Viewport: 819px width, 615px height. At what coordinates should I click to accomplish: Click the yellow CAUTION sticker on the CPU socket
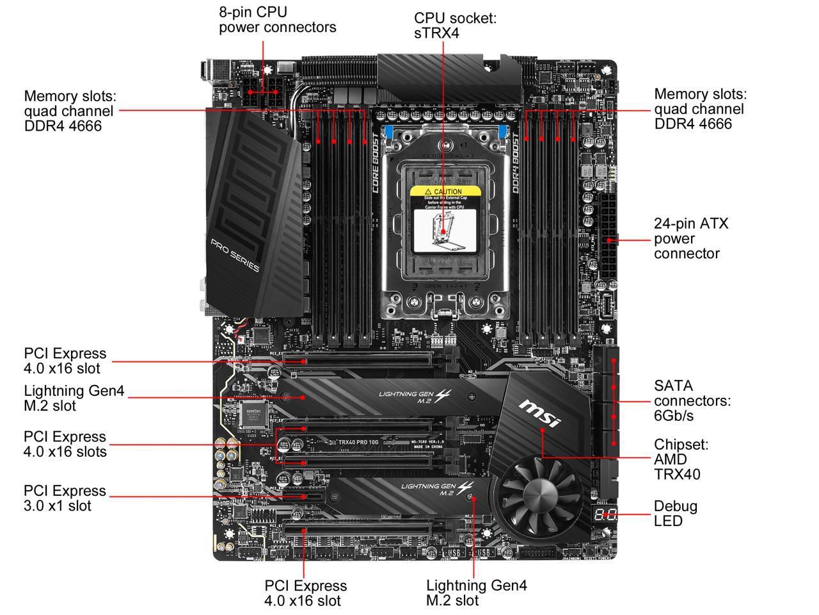(445, 192)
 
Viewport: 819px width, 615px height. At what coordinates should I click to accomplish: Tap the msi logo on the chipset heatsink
(539, 414)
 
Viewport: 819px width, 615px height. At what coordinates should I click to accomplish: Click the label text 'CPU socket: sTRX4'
(455, 25)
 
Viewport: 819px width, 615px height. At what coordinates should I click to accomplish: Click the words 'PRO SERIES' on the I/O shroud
(235, 254)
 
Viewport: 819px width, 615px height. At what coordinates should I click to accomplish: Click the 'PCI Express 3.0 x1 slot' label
(65, 498)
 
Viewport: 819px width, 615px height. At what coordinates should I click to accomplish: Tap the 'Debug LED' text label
(675, 513)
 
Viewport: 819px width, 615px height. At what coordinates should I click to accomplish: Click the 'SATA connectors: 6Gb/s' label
(692, 400)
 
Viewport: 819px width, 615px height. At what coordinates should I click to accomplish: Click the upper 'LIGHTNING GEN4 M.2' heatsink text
(416, 397)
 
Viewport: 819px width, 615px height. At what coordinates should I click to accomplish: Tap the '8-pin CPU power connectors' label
(277, 19)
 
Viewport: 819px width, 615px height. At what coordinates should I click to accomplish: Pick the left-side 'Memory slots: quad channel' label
(69, 110)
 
